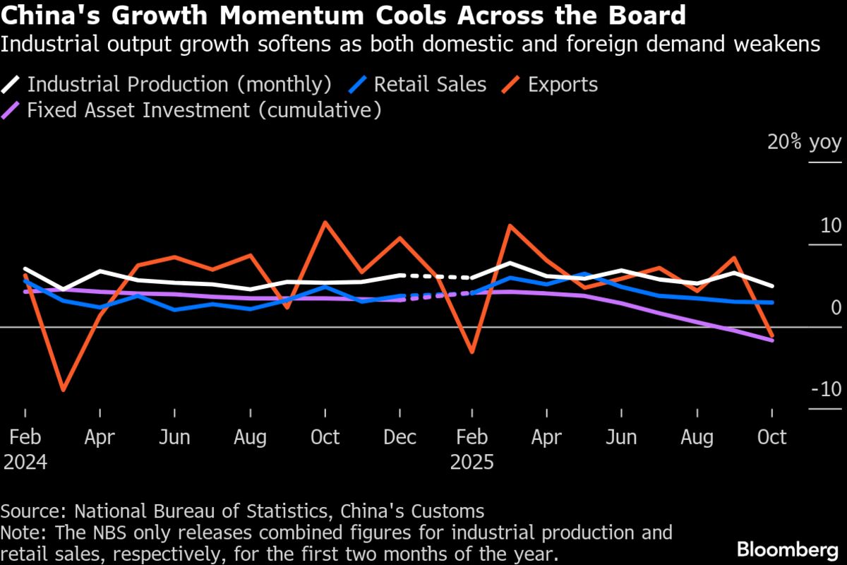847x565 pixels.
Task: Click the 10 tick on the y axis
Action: pos(831,226)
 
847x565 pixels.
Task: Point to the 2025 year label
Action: pos(471,463)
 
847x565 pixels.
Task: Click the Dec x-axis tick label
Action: pos(400,437)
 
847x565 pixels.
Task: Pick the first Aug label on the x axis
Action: pos(250,437)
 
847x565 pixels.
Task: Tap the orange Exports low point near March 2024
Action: pos(63,390)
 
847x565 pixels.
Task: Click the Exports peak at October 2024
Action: pos(325,222)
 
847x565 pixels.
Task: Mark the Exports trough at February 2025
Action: pos(471,352)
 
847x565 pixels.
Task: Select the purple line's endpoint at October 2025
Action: pos(771,340)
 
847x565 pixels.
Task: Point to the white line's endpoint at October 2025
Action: pos(771,286)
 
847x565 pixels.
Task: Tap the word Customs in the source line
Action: pos(449,511)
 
